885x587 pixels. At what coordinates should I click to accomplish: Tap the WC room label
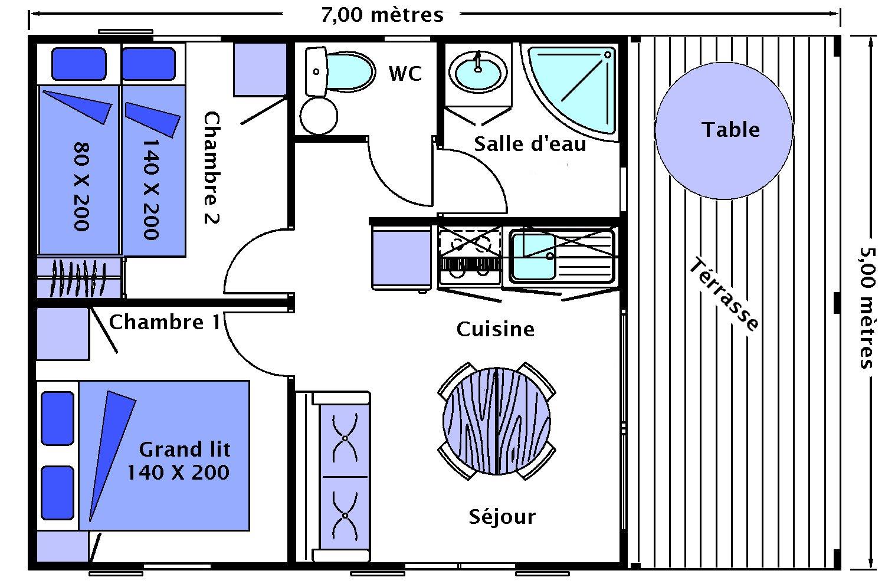pyautogui.click(x=405, y=74)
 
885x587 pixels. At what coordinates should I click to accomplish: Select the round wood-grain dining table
pyautogui.click(x=497, y=420)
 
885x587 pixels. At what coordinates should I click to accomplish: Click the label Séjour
pyautogui.click(x=502, y=517)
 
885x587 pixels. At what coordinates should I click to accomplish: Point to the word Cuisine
pyautogui.click(x=496, y=329)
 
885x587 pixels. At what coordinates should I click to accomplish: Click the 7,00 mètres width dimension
pyautogui.click(x=382, y=14)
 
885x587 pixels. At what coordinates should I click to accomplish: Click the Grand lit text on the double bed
pyautogui.click(x=184, y=450)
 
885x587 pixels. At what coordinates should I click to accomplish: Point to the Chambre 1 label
pyautogui.click(x=165, y=322)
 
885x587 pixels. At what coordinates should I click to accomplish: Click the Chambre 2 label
pyautogui.click(x=211, y=168)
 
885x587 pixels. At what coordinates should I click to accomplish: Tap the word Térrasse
pyautogui.click(x=724, y=295)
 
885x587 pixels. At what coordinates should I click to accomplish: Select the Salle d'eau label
pyautogui.click(x=530, y=144)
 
